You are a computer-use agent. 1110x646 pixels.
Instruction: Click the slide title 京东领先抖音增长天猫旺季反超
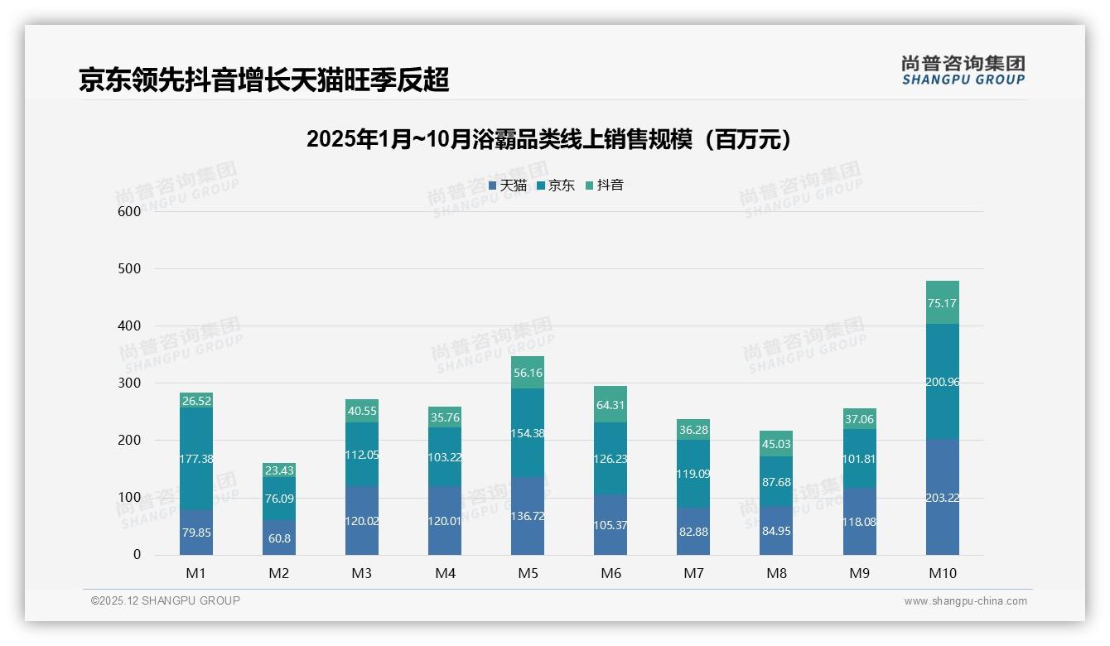coord(263,80)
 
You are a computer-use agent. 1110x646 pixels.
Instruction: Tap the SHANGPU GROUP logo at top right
coord(963,70)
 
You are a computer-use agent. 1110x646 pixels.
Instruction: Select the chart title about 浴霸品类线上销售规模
coord(548,139)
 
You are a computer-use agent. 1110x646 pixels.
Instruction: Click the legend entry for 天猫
coord(508,186)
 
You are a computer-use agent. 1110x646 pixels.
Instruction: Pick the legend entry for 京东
coord(556,186)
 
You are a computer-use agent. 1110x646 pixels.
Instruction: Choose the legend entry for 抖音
coord(604,186)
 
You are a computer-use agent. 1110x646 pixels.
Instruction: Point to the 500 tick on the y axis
coord(129,269)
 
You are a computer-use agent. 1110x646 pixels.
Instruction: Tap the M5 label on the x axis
coord(528,574)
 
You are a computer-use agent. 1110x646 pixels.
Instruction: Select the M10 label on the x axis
coord(943,574)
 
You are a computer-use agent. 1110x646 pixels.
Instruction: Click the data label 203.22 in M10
coord(943,497)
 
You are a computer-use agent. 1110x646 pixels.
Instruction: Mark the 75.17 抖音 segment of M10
coord(943,303)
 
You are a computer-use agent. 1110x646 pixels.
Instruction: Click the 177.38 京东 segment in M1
coord(196,458)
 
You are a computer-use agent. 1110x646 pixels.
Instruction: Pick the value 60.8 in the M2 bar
coord(279,538)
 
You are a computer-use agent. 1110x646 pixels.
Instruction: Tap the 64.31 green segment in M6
coord(610,405)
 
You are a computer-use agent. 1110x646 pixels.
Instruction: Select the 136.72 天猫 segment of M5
coord(528,515)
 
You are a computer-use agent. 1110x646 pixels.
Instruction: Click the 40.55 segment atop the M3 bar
coord(362,411)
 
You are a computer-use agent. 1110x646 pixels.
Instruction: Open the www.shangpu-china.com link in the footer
coord(965,601)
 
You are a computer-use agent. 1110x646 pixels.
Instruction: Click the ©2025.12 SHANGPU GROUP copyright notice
coord(165,600)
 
